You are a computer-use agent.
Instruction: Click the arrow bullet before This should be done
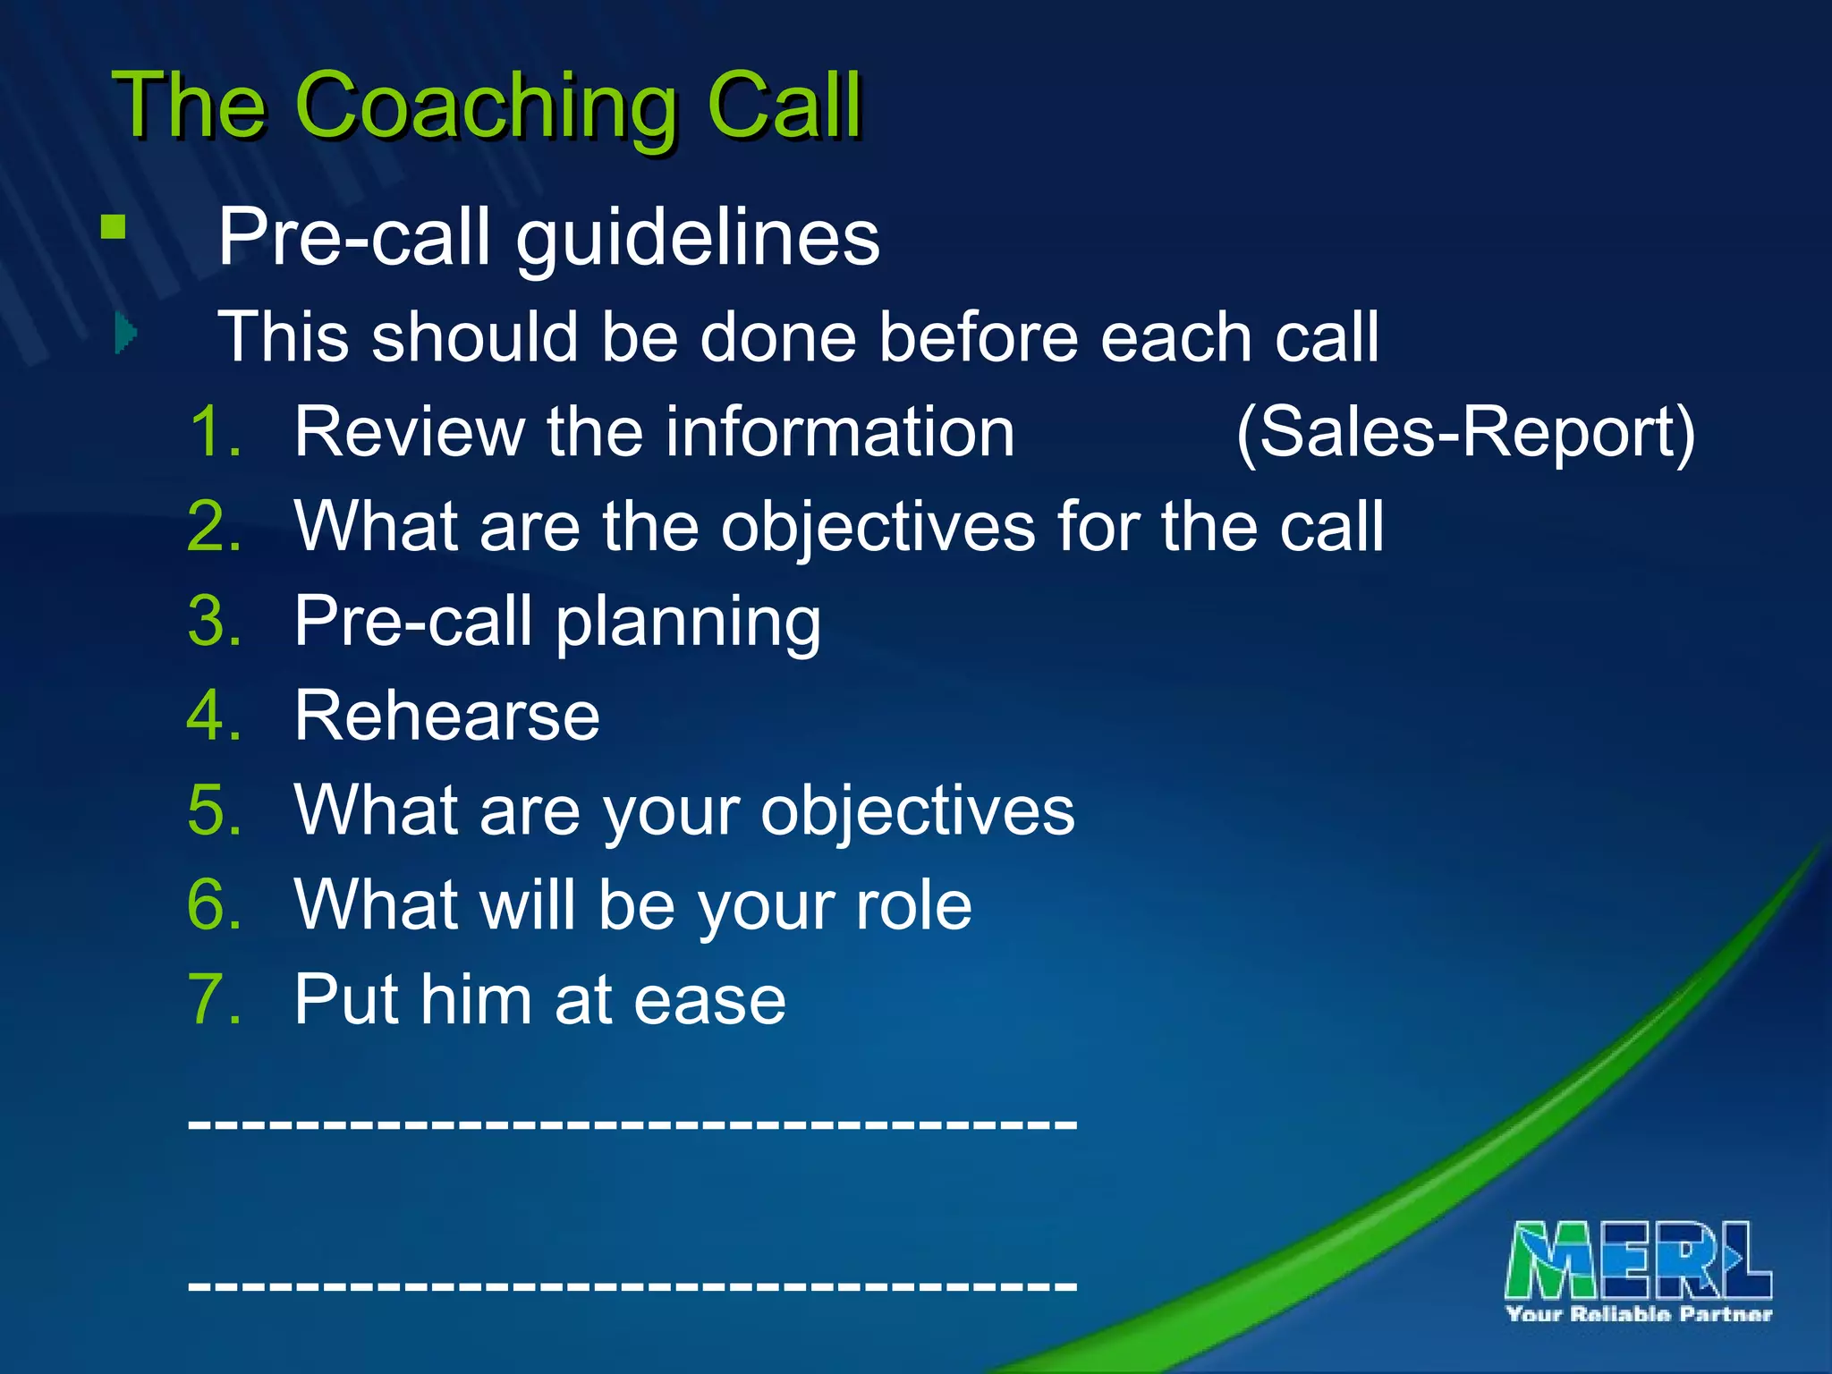point(126,334)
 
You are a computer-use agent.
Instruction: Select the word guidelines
point(698,238)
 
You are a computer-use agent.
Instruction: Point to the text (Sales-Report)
point(1465,433)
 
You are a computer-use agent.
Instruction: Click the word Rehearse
point(446,717)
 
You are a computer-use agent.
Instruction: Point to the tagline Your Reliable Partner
point(1639,1314)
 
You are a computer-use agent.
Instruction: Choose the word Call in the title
point(784,107)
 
